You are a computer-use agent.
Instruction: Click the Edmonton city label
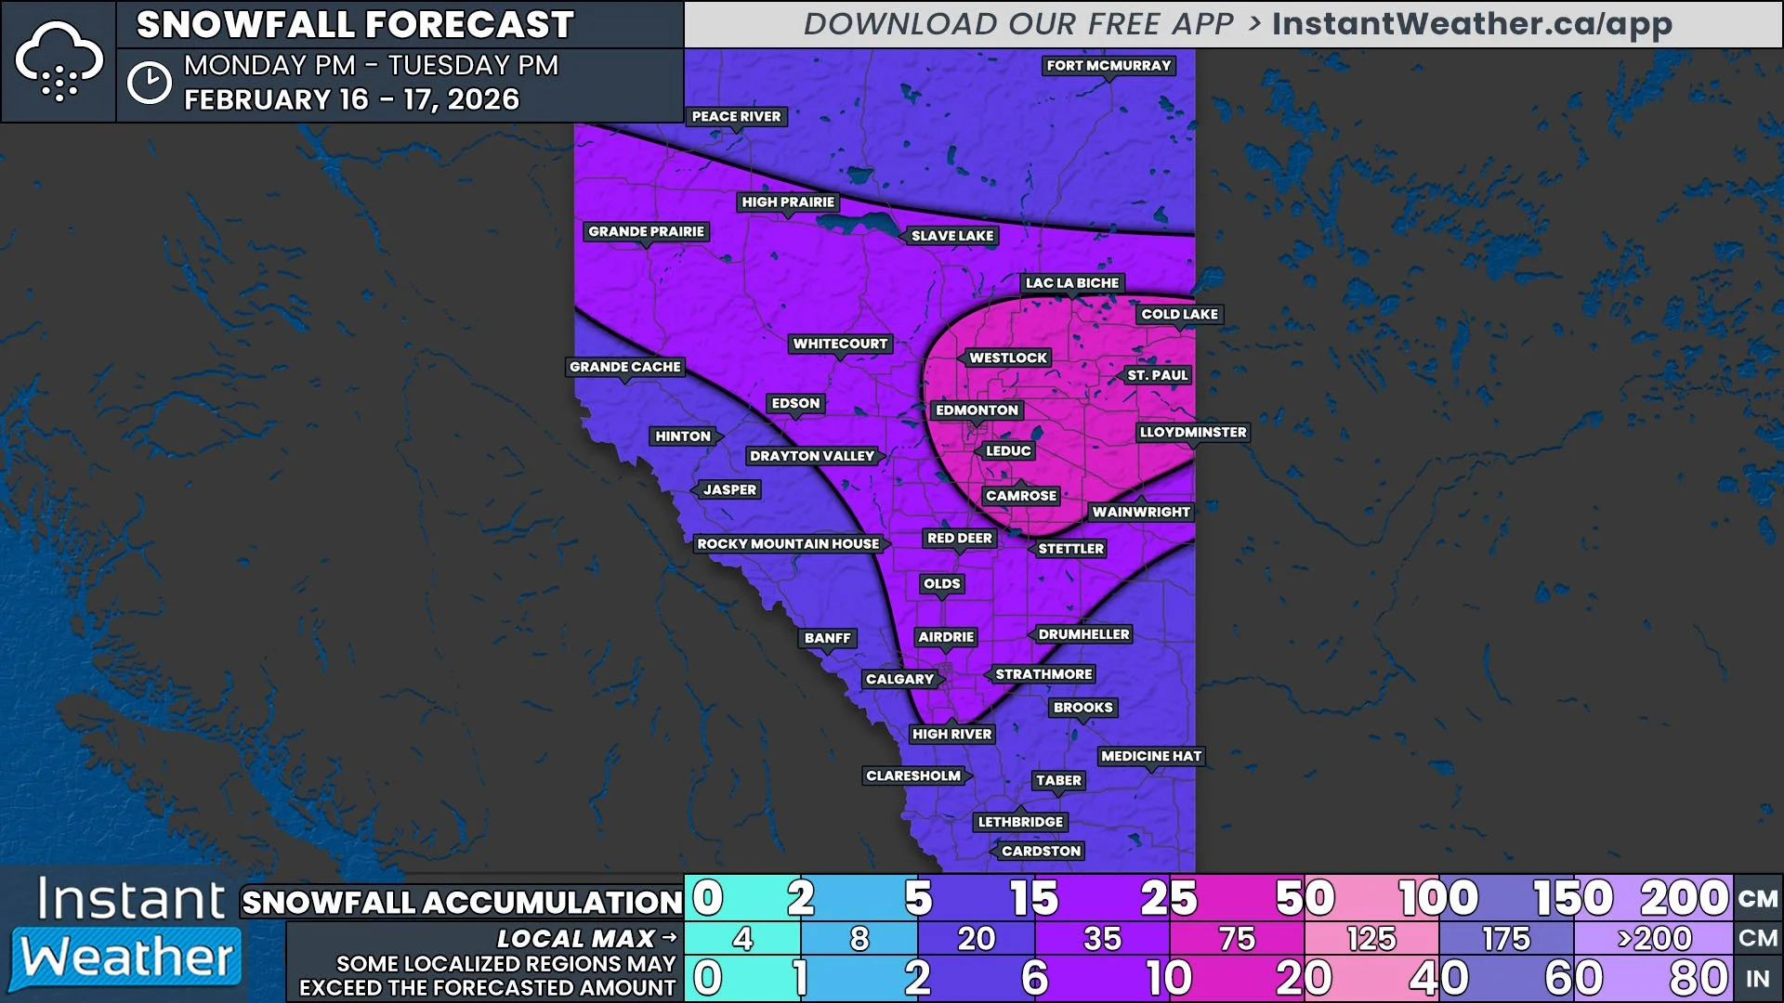point(977,410)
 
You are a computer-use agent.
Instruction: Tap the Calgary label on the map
point(899,679)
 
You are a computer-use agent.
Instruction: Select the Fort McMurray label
point(1108,65)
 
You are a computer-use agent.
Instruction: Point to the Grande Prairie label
point(646,231)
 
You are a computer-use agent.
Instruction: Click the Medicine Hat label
point(1150,756)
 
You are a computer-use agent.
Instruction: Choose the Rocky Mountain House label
point(788,543)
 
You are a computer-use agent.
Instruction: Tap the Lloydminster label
point(1193,432)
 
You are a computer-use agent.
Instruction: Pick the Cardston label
point(1041,851)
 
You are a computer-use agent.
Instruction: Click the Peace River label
point(736,116)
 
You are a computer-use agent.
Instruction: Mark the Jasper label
point(729,489)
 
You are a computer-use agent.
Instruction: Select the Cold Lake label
point(1179,314)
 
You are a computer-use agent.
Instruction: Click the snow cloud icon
point(59,61)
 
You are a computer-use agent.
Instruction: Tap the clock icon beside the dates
point(150,84)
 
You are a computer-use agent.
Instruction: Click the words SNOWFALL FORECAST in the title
point(355,24)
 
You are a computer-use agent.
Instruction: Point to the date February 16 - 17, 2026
point(351,99)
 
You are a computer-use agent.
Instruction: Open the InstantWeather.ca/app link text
point(1472,24)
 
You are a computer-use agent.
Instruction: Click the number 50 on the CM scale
point(1305,898)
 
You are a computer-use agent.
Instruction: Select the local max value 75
point(1237,939)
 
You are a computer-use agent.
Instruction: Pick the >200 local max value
point(1654,939)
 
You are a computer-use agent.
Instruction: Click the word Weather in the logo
point(127,957)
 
